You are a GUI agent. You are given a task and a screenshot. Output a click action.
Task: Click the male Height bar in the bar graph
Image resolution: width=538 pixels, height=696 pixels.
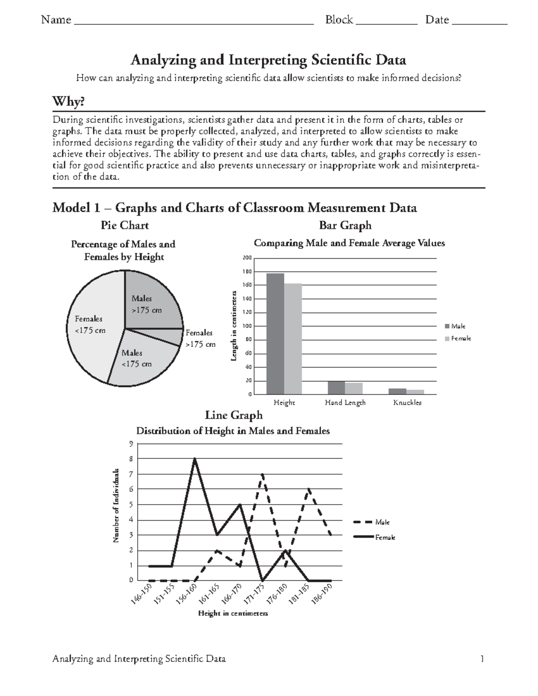pos(275,334)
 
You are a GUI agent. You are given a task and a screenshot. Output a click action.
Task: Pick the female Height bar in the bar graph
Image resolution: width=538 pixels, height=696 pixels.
pos(293,339)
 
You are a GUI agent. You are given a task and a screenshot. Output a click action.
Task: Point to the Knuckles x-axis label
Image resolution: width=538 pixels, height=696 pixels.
pos(407,402)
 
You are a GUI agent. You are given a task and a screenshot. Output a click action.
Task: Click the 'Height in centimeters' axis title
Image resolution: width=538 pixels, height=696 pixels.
pos(233,613)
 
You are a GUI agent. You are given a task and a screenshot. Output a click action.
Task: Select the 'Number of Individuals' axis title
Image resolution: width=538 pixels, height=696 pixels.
pos(116,506)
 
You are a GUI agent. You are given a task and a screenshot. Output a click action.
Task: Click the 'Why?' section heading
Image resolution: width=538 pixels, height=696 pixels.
pos(68,102)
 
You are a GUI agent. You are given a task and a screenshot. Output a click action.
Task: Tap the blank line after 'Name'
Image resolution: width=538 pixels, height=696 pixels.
pos(193,21)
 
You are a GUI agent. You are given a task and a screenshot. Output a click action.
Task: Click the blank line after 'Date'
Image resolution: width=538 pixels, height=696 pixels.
pos(479,21)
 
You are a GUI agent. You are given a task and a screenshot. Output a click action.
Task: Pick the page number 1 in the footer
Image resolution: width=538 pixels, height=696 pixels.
pos(482,658)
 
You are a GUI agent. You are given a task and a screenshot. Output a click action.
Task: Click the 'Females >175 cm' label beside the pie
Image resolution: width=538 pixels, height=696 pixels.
pos(200,338)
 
